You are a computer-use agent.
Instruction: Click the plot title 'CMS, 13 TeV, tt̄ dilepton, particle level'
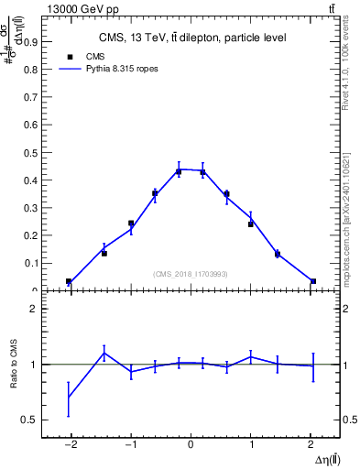click(191, 38)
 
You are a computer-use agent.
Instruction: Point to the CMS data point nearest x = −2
click(69, 281)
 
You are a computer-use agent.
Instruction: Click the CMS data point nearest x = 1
click(251, 224)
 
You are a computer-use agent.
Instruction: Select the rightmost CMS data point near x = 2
click(313, 281)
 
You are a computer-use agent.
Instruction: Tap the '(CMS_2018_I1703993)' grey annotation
click(191, 274)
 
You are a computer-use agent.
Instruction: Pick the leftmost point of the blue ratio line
click(69, 397)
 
